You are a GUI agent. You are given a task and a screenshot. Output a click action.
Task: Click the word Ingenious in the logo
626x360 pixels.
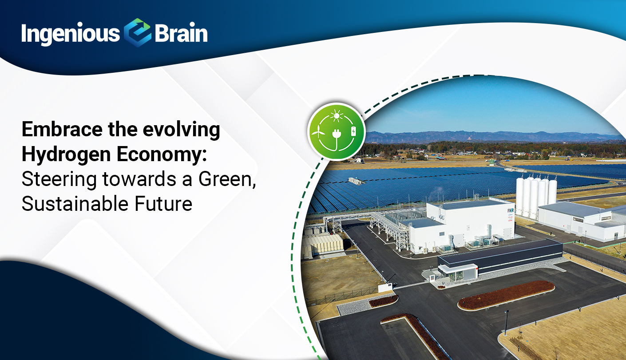(71, 34)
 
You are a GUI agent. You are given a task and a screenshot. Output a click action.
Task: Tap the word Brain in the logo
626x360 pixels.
(181, 33)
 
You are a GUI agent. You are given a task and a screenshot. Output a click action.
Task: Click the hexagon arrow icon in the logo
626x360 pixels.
(137, 33)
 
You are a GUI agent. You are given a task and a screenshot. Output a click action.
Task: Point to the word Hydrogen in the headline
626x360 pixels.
(66, 154)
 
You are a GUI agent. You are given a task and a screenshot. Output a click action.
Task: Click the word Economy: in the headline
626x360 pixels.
(162, 154)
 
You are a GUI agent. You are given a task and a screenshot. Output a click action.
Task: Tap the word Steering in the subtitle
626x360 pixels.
(59, 180)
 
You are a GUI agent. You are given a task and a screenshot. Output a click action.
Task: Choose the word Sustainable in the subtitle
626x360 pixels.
(75, 204)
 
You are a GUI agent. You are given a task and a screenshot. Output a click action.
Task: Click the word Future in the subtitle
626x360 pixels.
(163, 204)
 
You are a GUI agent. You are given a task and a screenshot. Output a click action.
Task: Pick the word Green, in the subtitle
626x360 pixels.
(227, 179)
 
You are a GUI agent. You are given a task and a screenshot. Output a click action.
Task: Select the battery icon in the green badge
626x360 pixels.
(353, 131)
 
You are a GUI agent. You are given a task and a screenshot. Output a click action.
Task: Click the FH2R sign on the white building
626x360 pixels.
(511, 210)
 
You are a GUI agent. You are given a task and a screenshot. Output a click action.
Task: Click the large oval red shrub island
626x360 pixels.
(506, 295)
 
